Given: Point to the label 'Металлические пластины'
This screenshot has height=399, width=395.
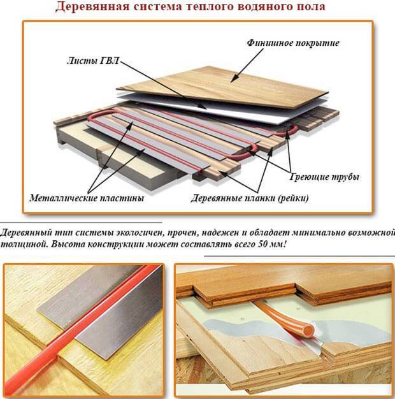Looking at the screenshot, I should coord(86,198).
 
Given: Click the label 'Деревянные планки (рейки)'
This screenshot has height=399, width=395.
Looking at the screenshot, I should coord(250,198).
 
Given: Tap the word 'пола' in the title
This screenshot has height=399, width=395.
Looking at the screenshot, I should coord(306,8).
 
